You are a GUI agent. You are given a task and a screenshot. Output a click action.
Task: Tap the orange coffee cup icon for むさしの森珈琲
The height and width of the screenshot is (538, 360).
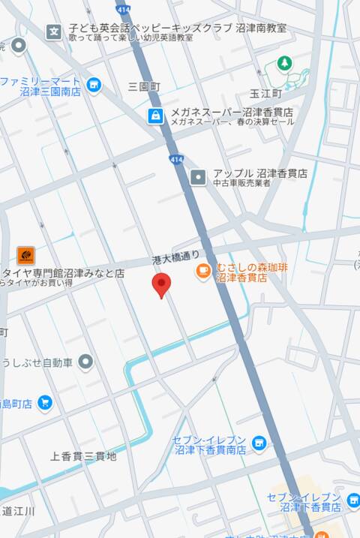[203, 271]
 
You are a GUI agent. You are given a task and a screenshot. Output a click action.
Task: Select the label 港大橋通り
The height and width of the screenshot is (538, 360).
[176, 258]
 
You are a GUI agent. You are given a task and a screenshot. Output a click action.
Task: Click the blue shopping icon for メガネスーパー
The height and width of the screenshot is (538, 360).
[154, 116]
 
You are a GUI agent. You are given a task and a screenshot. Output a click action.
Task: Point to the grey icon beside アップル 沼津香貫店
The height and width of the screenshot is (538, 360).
[197, 177]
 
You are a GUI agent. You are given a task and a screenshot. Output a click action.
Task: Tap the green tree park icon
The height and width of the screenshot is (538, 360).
[284, 64]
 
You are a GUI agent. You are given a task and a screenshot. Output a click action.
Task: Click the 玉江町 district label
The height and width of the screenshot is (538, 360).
[265, 94]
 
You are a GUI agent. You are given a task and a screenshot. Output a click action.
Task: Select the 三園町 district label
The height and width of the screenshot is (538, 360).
[144, 87]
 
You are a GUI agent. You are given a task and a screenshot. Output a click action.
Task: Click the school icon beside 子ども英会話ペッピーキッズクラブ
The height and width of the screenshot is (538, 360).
[54, 31]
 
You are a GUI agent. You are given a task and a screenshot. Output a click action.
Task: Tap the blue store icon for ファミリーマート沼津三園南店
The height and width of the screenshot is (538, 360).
[94, 85]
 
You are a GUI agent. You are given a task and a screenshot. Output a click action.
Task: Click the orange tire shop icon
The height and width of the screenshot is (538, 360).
[25, 255]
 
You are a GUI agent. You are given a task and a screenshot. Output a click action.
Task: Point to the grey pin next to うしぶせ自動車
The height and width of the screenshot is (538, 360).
[86, 363]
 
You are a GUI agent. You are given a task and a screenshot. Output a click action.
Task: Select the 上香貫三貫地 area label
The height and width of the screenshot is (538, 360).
[83, 455]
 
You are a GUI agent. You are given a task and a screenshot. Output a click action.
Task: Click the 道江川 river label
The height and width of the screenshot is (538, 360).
[19, 511]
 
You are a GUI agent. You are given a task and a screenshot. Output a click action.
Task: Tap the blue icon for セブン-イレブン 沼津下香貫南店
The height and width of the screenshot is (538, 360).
[259, 444]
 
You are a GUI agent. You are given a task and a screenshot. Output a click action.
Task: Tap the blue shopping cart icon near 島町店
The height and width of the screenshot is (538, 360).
[44, 403]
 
